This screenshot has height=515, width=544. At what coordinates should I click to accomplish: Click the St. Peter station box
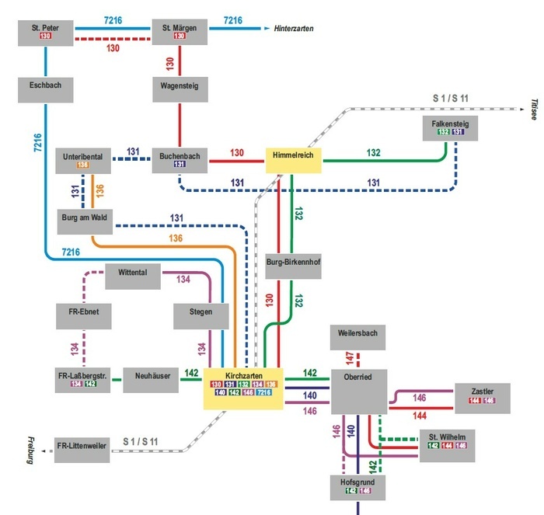(x=46, y=32)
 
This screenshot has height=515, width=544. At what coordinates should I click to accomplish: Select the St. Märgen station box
(x=180, y=32)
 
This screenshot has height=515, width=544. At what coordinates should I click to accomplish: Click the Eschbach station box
(x=46, y=88)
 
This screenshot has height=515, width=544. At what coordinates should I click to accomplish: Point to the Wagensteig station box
(x=180, y=88)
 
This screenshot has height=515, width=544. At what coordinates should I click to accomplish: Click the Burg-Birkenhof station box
(x=293, y=263)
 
